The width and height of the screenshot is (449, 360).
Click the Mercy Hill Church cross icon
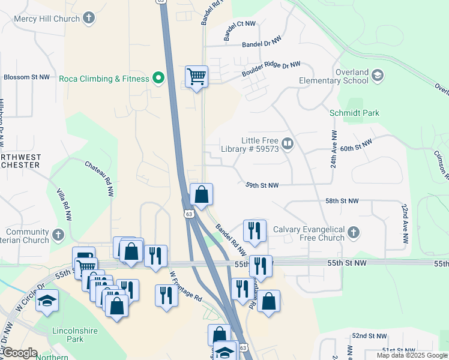pos(89,18)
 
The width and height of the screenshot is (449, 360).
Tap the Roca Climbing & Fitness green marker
pos(158,79)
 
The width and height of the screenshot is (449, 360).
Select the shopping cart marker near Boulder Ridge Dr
pos(196,77)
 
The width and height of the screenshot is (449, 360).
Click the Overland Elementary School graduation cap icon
pos(378,76)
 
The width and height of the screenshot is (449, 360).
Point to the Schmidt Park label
pos(354,113)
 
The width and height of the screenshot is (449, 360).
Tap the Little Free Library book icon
pos(288,143)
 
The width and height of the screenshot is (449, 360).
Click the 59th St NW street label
pos(262,185)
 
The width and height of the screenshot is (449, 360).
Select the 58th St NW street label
pos(342,201)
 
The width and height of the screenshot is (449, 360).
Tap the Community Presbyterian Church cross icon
pos(58,235)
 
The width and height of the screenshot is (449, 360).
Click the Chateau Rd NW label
pos(100,178)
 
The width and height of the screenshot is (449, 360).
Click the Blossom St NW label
pos(26,77)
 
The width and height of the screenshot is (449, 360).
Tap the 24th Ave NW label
pos(334,149)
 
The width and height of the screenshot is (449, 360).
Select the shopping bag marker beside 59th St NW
pos(201,195)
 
